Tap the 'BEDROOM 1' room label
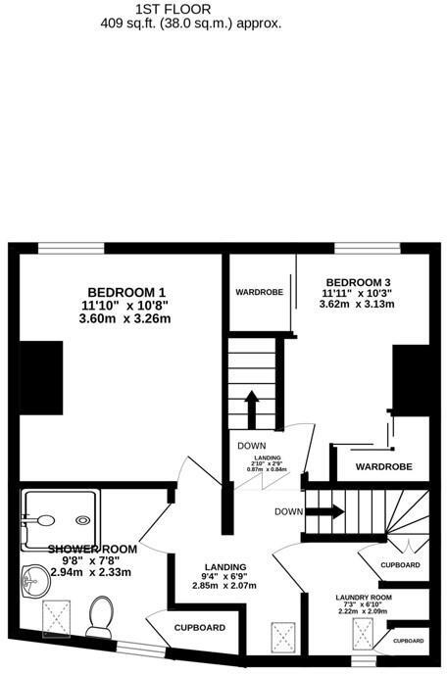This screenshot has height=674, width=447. pos(126,292)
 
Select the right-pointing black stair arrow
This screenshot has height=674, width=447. pos(329,510)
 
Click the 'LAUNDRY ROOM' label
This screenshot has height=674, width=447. pos(362,598)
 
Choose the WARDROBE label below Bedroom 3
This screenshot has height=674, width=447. pos(382,466)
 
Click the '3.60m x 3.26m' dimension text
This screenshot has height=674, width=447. pos(124,318)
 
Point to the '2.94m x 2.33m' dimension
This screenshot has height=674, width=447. pos(74,570)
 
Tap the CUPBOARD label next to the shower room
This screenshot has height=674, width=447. pos(200,628)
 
